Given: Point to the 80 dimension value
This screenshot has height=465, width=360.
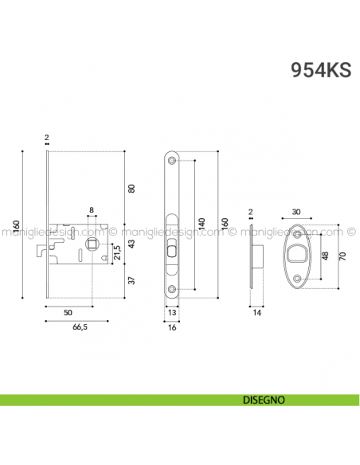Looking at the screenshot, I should coord(132,188).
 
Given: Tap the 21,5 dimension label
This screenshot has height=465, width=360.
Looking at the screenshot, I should coord(117,253).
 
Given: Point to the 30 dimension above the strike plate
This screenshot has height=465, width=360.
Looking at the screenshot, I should coord(296,212).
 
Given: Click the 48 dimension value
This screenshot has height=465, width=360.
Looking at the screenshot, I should coord(324,256).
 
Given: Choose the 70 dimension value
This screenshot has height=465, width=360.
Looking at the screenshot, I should coord(344,256).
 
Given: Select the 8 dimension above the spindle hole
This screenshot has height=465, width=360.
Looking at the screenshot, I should coord(92,211).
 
